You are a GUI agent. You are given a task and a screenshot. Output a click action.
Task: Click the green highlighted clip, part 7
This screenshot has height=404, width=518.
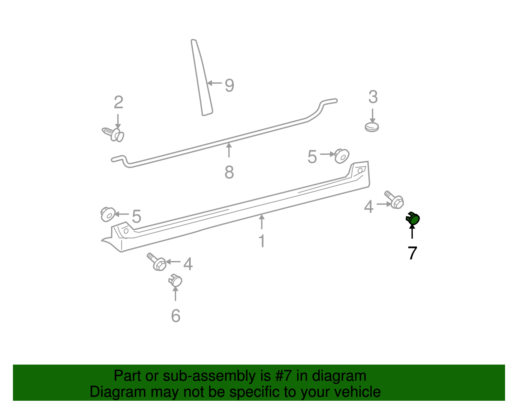[413, 219]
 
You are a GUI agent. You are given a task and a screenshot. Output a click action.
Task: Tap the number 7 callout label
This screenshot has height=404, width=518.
[412, 253]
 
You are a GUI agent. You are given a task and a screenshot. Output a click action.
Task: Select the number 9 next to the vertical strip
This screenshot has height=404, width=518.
[229, 86]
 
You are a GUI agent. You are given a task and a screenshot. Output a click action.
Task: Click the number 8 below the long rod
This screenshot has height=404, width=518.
[229, 172]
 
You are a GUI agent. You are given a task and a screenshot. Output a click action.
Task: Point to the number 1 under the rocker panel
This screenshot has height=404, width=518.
[262, 241]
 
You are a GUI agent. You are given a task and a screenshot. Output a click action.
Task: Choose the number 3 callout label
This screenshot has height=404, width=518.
[373, 97]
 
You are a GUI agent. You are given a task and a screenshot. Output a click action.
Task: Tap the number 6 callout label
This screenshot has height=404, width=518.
[175, 316]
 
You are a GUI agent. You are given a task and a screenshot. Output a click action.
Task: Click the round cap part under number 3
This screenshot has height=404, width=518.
[372, 127]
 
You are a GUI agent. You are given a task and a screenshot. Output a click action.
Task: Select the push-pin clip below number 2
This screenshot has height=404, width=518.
[114, 134]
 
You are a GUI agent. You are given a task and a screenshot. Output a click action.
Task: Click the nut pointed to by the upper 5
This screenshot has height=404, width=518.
[341, 156]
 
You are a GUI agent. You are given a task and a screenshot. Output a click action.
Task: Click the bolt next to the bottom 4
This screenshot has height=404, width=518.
[157, 262]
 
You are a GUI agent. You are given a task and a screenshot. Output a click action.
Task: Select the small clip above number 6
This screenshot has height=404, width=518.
[175, 280]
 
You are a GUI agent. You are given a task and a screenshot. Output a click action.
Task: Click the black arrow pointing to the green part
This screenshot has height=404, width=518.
[412, 231]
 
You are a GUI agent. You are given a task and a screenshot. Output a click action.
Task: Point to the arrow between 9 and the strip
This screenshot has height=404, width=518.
[214, 83]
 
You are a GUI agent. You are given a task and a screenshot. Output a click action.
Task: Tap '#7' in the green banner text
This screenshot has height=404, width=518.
[284, 376]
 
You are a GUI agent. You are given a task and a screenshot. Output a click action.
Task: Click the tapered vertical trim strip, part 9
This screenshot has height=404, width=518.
[201, 78]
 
